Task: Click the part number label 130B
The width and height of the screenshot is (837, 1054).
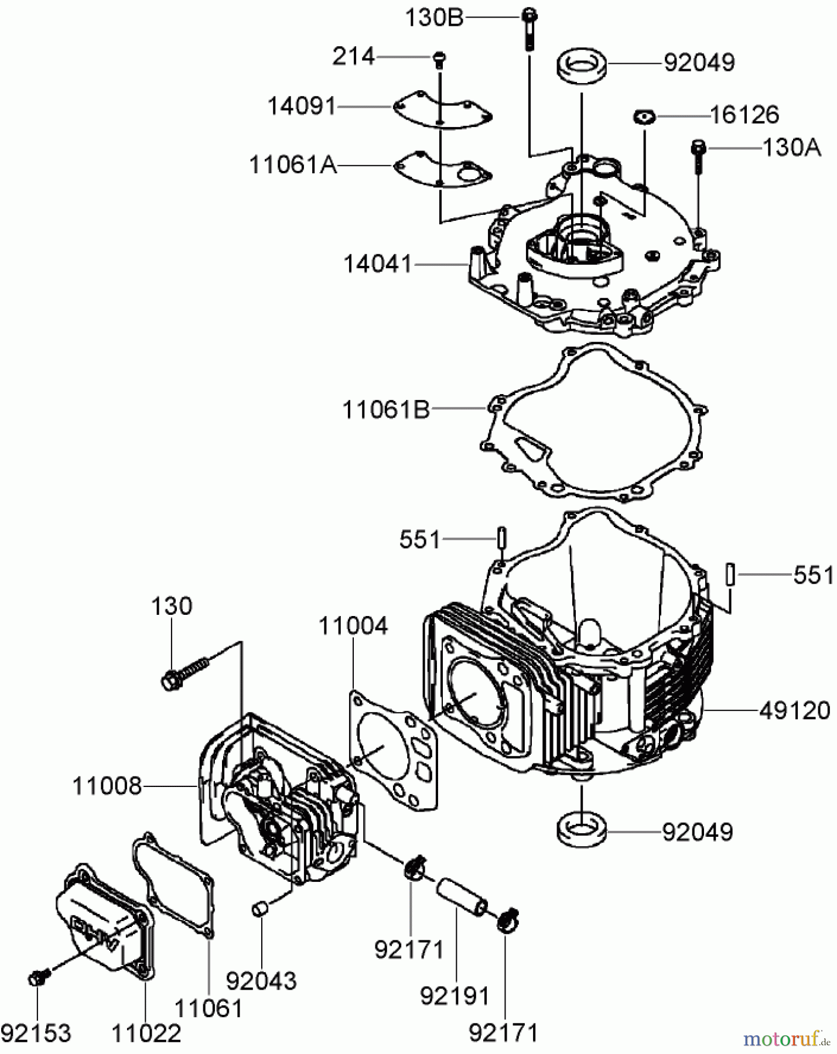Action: coord(435,18)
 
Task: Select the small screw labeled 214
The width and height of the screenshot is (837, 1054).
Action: coord(439,57)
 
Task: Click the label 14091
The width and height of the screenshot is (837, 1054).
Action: coord(302,107)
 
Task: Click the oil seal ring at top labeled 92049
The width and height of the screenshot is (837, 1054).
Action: coord(581,66)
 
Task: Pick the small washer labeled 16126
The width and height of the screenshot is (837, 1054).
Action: coord(643,117)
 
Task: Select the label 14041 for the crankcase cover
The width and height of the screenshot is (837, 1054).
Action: coord(378,264)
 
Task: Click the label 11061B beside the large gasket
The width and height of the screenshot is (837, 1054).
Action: coord(385,409)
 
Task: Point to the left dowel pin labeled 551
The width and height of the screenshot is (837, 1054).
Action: coord(501,537)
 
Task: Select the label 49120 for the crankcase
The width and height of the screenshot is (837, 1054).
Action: coord(794,711)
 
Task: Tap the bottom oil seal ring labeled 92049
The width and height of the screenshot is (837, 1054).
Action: coord(581,831)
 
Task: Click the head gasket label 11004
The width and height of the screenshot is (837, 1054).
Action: coord(353,626)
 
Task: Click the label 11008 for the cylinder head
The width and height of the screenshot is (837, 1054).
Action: coord(107,786)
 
